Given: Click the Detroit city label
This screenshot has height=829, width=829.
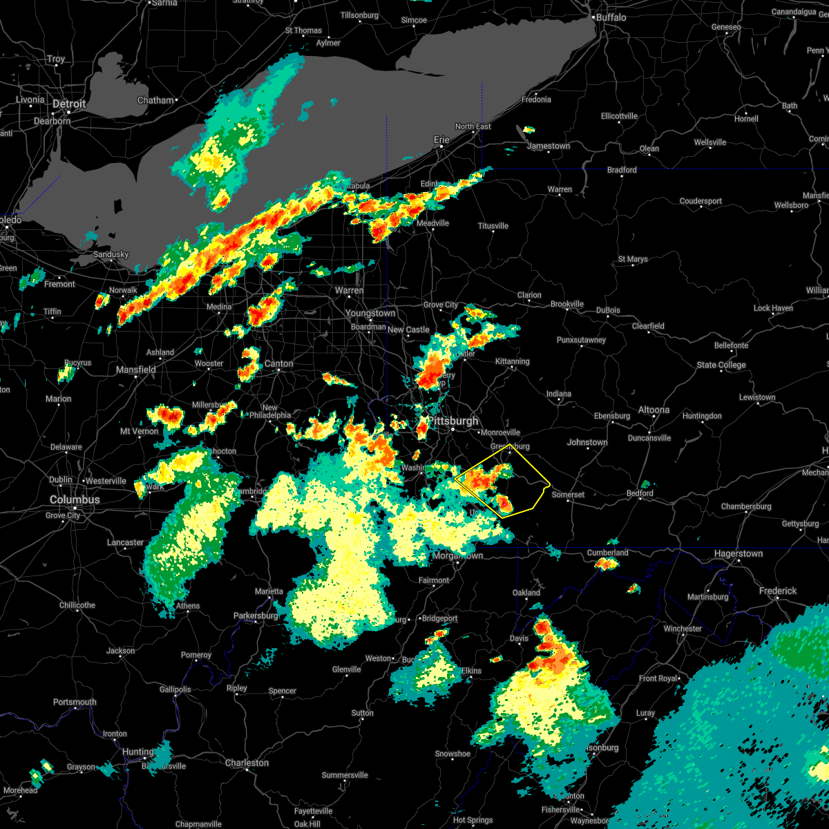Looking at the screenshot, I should point(70,104).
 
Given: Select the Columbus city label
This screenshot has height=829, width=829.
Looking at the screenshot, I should point(74,499).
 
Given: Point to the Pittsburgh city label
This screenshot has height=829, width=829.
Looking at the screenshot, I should point(452,421).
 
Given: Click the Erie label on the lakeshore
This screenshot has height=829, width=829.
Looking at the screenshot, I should point(441,140).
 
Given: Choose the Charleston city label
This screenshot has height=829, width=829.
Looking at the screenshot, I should point(247,763).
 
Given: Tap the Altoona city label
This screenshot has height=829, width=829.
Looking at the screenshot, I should point(654,410).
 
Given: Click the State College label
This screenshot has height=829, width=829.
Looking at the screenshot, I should point(721,365).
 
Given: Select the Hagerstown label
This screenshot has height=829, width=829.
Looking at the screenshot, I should point(739,553).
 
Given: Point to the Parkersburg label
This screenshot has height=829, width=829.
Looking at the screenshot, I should point(256,616).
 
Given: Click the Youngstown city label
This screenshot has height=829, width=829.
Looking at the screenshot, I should point(371,313).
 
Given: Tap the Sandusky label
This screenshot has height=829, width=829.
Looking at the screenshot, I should point(111,254).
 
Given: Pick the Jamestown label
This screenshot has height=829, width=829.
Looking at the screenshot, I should point(549,146).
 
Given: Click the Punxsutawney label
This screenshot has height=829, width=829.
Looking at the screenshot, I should point(581,340).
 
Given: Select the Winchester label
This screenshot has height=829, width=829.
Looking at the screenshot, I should point(683,629).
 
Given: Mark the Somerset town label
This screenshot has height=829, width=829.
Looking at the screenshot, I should point(569,495).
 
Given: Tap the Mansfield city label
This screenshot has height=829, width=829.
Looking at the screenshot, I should point(136,370).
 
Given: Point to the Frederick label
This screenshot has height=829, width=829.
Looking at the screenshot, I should point(778,591).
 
